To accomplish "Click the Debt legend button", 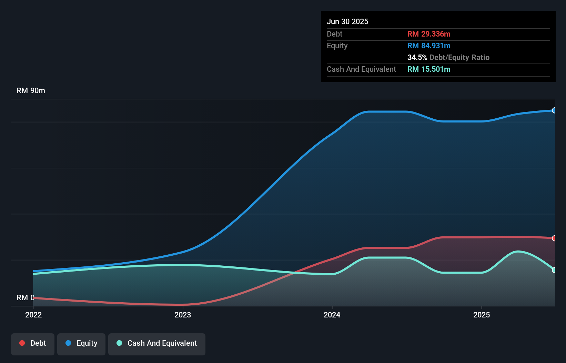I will [33, 343].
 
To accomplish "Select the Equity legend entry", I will [81, 343].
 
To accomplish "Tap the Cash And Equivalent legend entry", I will [157, 343].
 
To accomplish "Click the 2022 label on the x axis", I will [33, 315].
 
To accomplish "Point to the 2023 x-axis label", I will [183, 315].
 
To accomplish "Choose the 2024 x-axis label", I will [332, 315].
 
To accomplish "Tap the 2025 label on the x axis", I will [482, 315].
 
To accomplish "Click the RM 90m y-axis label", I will [31, 91].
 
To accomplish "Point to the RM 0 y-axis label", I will [25, 297].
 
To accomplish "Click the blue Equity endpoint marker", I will [554, 110].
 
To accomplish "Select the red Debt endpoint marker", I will [554, 238].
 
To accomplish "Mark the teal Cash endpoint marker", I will [554, 270].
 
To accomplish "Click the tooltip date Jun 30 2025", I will [347, 21].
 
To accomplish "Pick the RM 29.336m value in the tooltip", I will [429, 34].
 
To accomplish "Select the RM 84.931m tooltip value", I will [429, 46].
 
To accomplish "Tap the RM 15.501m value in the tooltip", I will [429, 69].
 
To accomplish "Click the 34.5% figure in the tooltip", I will [417, 57].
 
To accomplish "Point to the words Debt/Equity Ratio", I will [459, 57].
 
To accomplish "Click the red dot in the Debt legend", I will [22, 343].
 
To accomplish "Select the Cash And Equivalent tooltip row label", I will [361, 69].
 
